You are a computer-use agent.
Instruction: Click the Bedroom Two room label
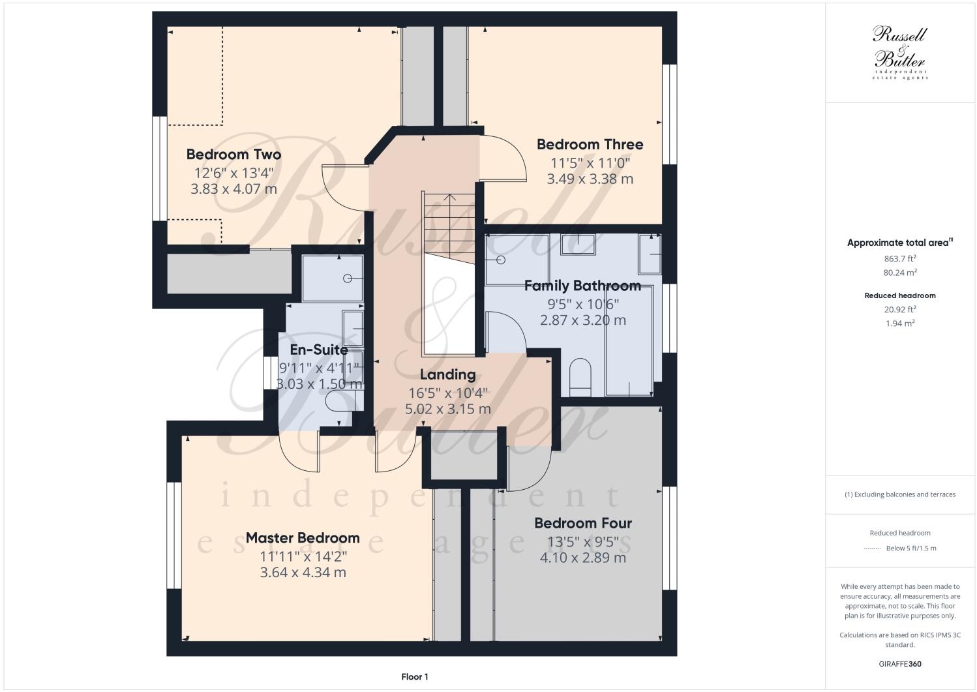click(x=233, y=155)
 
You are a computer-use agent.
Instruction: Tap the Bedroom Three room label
click(x=590, y=144)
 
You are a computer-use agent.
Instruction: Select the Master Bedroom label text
click(x=303, y=538)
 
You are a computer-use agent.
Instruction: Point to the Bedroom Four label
click(x=582, y=523)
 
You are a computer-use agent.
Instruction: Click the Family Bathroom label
click(x=582, y=286)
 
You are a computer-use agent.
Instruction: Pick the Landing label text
click(x=447, y=374)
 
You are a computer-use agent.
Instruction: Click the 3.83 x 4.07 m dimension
click(x=233, y=189)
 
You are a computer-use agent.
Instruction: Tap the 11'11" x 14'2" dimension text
click(x=303, y=556)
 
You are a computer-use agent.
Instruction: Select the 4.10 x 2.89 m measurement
click(x=582, y=558)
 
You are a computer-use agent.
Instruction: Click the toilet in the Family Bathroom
click(x=580, y=377)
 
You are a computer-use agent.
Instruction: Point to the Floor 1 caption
click(x=415, y=677)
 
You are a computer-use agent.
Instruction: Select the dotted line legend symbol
click(x=872, y=548)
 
